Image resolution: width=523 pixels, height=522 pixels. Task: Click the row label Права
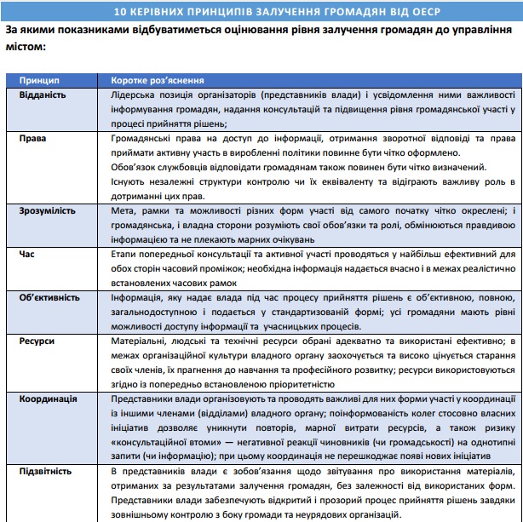pos(33,137)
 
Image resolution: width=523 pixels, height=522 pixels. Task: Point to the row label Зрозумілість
pos(49,209)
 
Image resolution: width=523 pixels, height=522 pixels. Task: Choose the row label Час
pos(29,253)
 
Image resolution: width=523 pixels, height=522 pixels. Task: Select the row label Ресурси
pos(37,341)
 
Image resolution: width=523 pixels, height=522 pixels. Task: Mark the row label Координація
pos(48,398)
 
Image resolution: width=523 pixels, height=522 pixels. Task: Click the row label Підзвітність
pos(46,471)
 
